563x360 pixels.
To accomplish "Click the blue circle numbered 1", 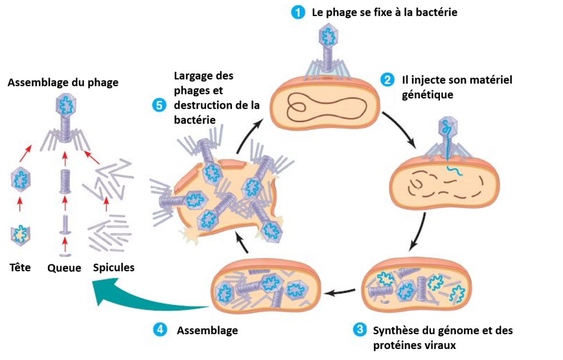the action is pos(298,13).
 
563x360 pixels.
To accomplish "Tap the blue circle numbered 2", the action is pos(387,79).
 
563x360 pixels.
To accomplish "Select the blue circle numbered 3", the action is pos(360,329).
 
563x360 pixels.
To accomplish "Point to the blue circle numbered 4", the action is pos(160,329).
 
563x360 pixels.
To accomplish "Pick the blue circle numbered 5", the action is pos(159,105).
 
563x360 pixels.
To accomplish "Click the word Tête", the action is pos(20,268).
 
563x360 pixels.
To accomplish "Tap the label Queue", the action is pos(64,268).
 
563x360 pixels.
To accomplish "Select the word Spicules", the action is pos(114,268).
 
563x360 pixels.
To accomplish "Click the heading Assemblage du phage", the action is pos(63,83).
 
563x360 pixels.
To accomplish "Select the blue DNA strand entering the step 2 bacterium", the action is pos(450,147).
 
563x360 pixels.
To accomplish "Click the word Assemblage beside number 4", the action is pos(207,330).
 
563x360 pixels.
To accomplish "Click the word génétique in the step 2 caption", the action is pos(428,95).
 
